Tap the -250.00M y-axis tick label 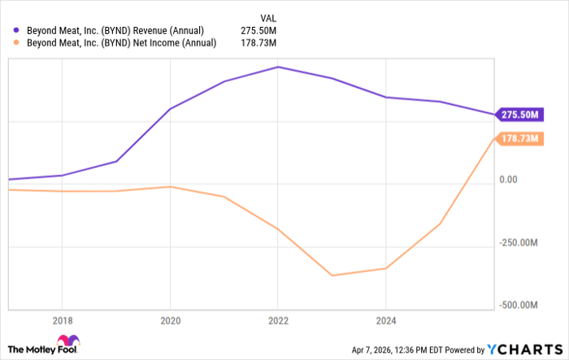coord(519,243)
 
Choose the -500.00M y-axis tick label coord(519,306)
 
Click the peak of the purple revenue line coord(278,67)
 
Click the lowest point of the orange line coord(332,275)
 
